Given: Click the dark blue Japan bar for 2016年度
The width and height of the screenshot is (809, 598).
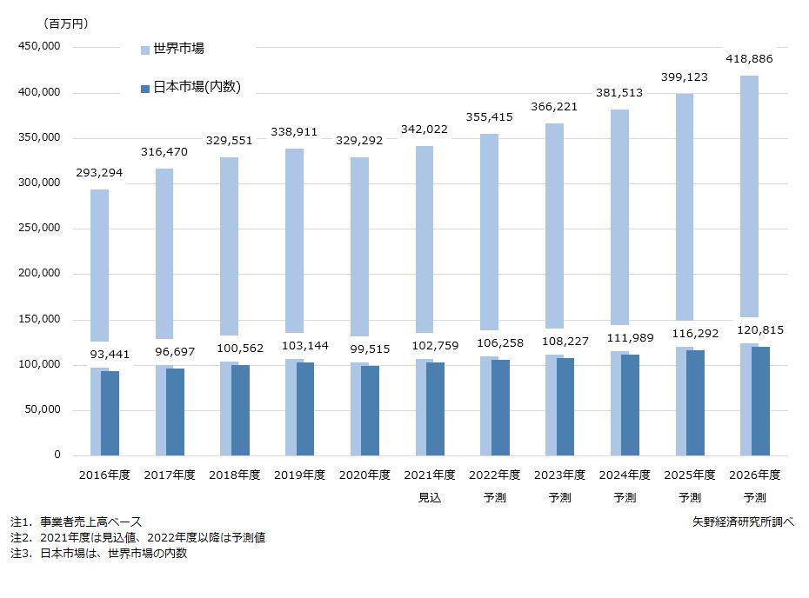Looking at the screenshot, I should click(110, 414).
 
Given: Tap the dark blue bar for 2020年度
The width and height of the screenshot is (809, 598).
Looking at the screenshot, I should click(371, 411).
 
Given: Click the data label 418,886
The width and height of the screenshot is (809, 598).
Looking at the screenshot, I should click(749, 59).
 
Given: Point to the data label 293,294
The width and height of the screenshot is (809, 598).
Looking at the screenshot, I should click(98, 174).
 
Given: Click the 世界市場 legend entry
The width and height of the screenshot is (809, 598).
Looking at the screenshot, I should click(177, 49).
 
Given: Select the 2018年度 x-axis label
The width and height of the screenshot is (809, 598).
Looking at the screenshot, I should click(235, 475).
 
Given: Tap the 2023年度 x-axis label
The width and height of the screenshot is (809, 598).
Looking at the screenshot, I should click(559, 475).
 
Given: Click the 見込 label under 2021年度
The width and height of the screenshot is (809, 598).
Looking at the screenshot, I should click(430, 498).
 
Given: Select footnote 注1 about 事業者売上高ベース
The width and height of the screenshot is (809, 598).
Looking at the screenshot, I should click(76, 522).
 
